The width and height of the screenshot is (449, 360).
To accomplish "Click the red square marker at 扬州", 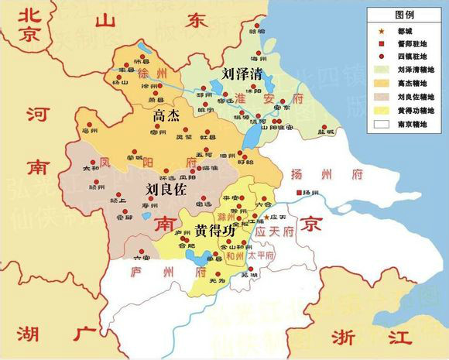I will click(x=296, y=192).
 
